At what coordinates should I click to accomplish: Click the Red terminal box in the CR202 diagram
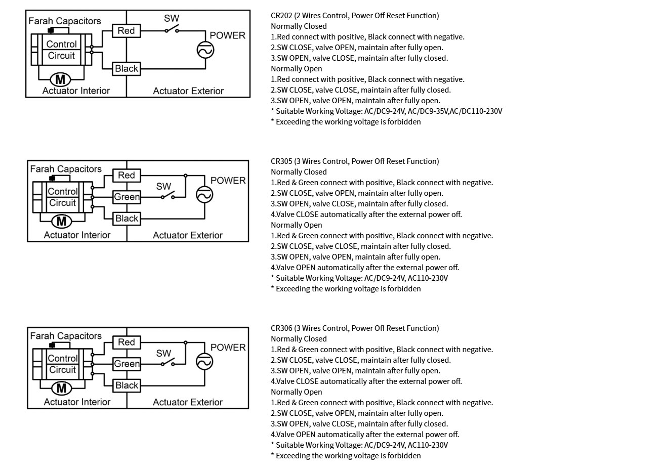pos(126,31)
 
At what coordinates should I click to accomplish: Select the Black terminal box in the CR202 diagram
pos(126,68)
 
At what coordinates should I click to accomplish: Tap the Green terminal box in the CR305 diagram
pos(127,197)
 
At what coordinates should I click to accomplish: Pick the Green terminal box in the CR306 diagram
pos(127,364)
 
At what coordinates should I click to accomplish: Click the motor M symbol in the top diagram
pos(60,79)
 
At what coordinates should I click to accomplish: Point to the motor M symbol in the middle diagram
pos(61,221)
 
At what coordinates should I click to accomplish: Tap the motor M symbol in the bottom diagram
pos(61,388)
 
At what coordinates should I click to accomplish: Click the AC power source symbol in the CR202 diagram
pos(205,50)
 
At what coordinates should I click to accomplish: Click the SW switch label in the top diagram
pos(172,18)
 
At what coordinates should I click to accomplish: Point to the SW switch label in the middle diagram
pos(163,186)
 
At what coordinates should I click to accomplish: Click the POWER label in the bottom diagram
pos(228,348)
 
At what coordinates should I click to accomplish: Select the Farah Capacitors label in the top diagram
pos(64,21)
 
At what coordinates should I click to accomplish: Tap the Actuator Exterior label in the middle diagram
pos(188,235)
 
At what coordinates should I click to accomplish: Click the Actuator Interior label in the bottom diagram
pos(77,402)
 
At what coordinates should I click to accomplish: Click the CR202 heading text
pos(354,16)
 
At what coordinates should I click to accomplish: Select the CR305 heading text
pos(354,161)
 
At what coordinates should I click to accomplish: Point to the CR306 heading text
pos(354,328)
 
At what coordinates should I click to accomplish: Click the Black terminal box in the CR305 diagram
pos(127,219)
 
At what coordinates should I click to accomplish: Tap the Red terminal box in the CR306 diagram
pos(127,342)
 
